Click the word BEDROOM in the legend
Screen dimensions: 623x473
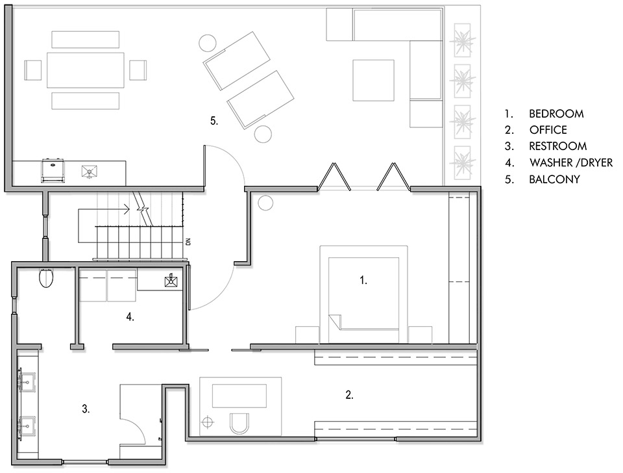click(x=556, y=114)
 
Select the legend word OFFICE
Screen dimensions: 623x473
click(x=548, y=130)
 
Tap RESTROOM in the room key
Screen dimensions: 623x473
click(x=557, y=146)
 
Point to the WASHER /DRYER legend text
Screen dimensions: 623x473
click(x=571, y=162)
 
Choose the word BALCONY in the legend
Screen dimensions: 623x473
click(x=554, y=179)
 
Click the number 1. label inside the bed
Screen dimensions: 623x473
click(x=363, y=281)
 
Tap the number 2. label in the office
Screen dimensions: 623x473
click(x=349, y=395)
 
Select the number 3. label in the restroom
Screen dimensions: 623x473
click(x=86, y=409)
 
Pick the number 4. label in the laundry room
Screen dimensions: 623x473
click(x=130, y=317)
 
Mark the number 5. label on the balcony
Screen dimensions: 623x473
click(x=214, y=121)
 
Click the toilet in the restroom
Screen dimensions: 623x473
click(x=47, y=277)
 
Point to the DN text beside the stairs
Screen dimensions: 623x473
click(x=188, y=241)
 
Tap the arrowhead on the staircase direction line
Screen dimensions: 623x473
click(x=128, y=209)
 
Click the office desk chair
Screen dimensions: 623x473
click(x=240, y=423)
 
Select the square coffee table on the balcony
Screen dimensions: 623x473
click(x=374, y=81)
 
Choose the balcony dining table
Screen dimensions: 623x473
click(x=86, y=70)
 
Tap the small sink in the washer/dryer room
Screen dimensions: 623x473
click(x=171, y=281)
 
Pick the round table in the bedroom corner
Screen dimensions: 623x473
click(x=265, y=203)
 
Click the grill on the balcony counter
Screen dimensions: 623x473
click(x=53, y=171)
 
